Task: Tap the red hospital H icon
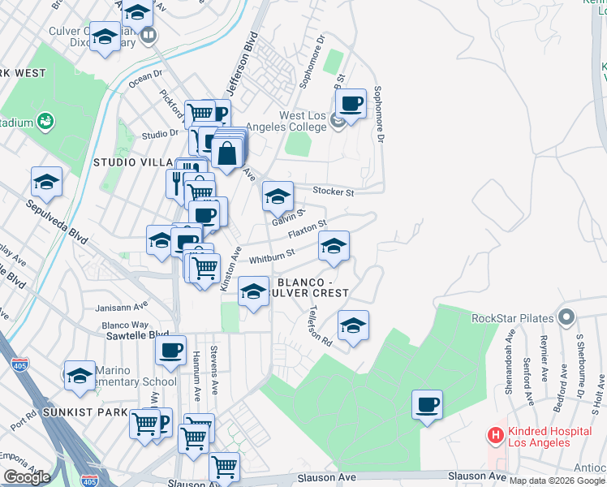(494, 435)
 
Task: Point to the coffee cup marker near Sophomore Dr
(351, 104)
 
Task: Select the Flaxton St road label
(310, 229)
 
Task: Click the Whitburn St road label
(271, 258)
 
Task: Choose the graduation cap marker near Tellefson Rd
(353, 325)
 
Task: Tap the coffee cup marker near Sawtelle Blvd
(171, 351)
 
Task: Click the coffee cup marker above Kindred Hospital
(427, 404)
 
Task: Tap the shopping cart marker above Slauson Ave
(224, 468)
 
